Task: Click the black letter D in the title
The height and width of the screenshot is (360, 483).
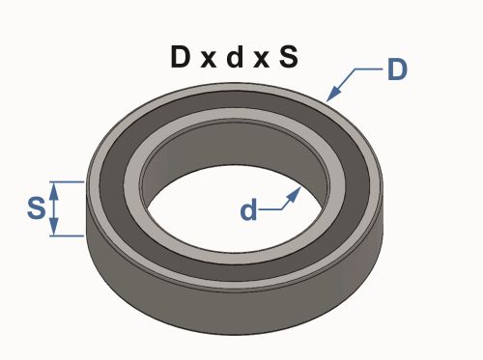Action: (x=180, y=57)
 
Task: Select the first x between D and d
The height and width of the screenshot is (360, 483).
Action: (x=209, y=60)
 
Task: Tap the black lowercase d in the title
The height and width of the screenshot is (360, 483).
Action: (x=235, y=57)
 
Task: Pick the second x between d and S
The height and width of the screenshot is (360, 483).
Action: (x=261, y=60)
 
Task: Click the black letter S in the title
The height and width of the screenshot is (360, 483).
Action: (x=289, y=57)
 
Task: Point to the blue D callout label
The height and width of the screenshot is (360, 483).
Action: (x=397, y=69)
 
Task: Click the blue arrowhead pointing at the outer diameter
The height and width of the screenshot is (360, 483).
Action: (x=333, y=94)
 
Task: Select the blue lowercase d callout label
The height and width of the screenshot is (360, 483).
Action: (x=249, y=209)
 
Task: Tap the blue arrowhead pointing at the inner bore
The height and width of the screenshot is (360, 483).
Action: (x=294, y=194)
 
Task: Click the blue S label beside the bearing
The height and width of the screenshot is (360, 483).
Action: (x=37, y=208)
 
